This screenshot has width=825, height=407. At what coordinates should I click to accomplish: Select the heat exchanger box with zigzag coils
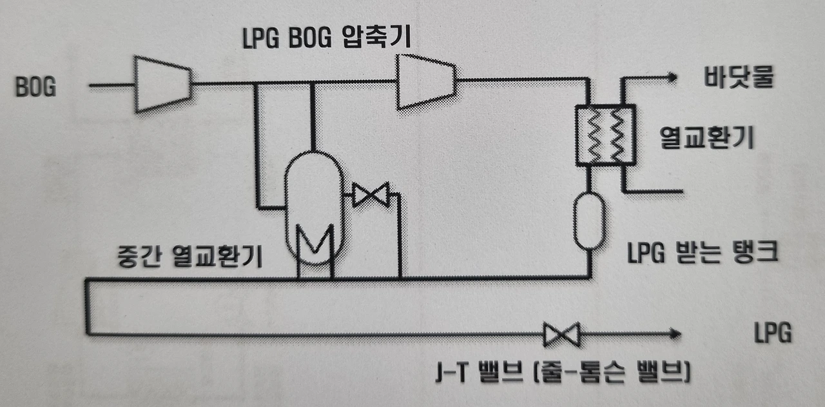point(605,135)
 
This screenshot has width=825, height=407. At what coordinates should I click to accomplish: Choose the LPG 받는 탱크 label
point(703,253)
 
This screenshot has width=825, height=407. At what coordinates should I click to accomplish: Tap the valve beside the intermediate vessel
point(371,194)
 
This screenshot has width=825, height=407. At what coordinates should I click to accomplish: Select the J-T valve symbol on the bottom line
point(561,334)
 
